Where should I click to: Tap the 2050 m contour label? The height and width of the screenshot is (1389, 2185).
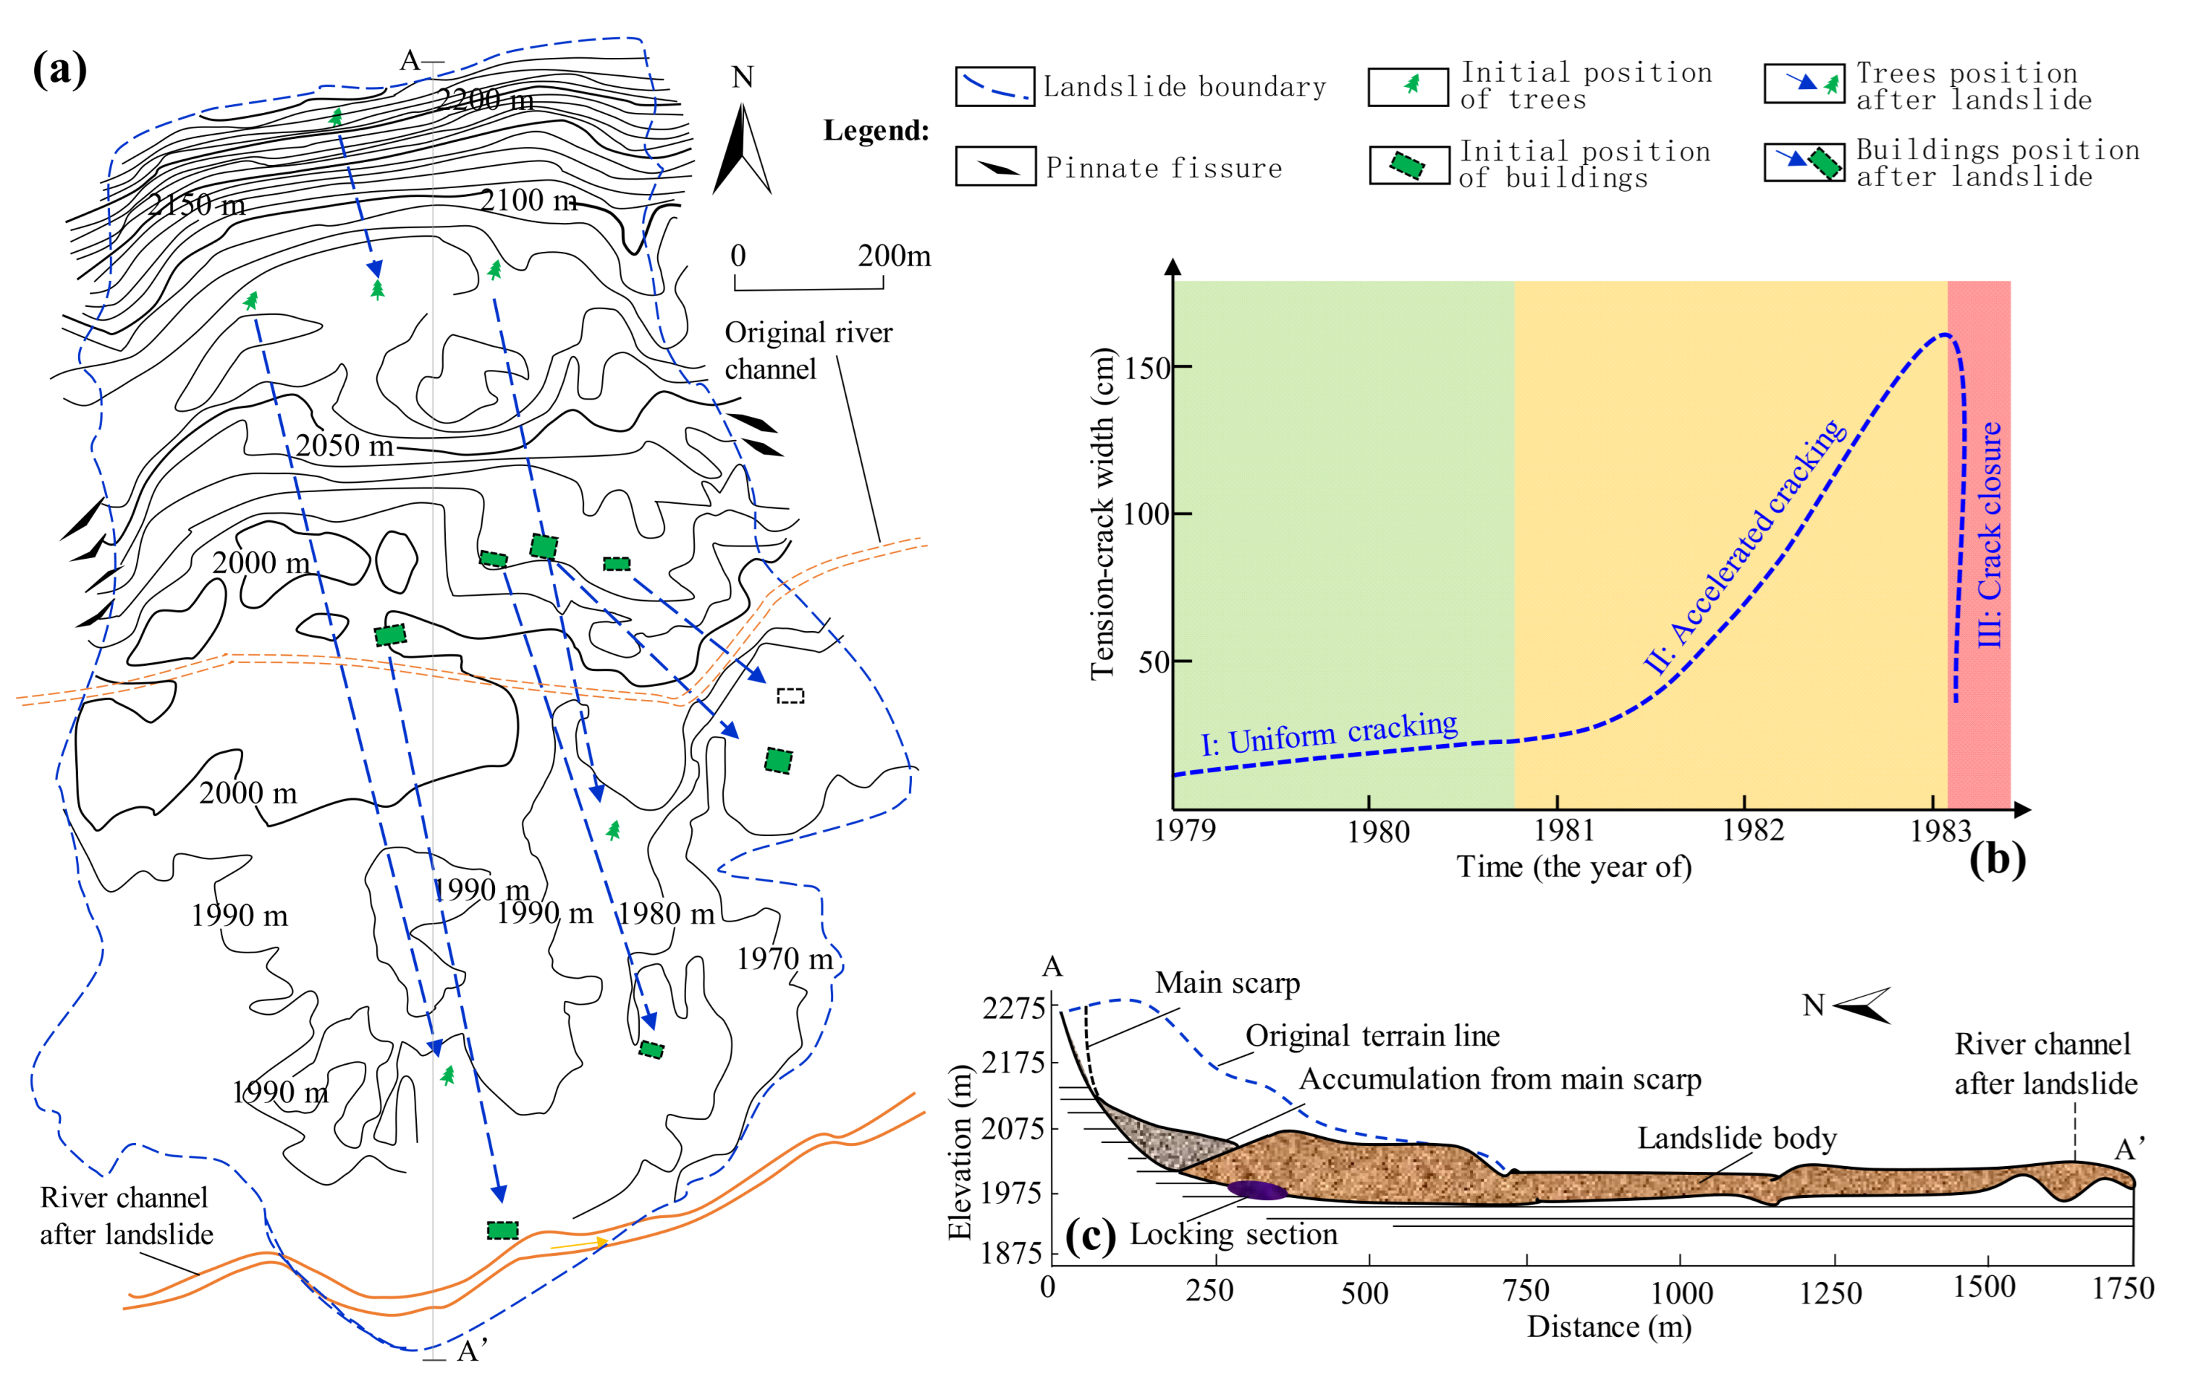[345, 445]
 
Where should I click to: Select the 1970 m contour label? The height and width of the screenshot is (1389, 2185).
[784, 958]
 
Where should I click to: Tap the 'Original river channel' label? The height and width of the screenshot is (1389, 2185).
[808, 350]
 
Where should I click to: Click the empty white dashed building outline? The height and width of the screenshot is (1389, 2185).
[790, 696]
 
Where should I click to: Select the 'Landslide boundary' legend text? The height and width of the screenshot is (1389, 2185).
[1184, 87]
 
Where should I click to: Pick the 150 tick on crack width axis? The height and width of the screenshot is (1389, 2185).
[1147, 368]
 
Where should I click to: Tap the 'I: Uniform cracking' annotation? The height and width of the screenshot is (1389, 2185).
[1330, 733]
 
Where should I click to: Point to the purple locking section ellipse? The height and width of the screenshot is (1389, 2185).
[1256, 1189]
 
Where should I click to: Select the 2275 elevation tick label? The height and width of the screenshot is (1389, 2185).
[1013, 1008]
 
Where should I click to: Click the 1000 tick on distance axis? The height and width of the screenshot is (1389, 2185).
[1681, 1292]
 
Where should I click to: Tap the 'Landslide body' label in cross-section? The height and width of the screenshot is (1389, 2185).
[1736, 1138]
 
